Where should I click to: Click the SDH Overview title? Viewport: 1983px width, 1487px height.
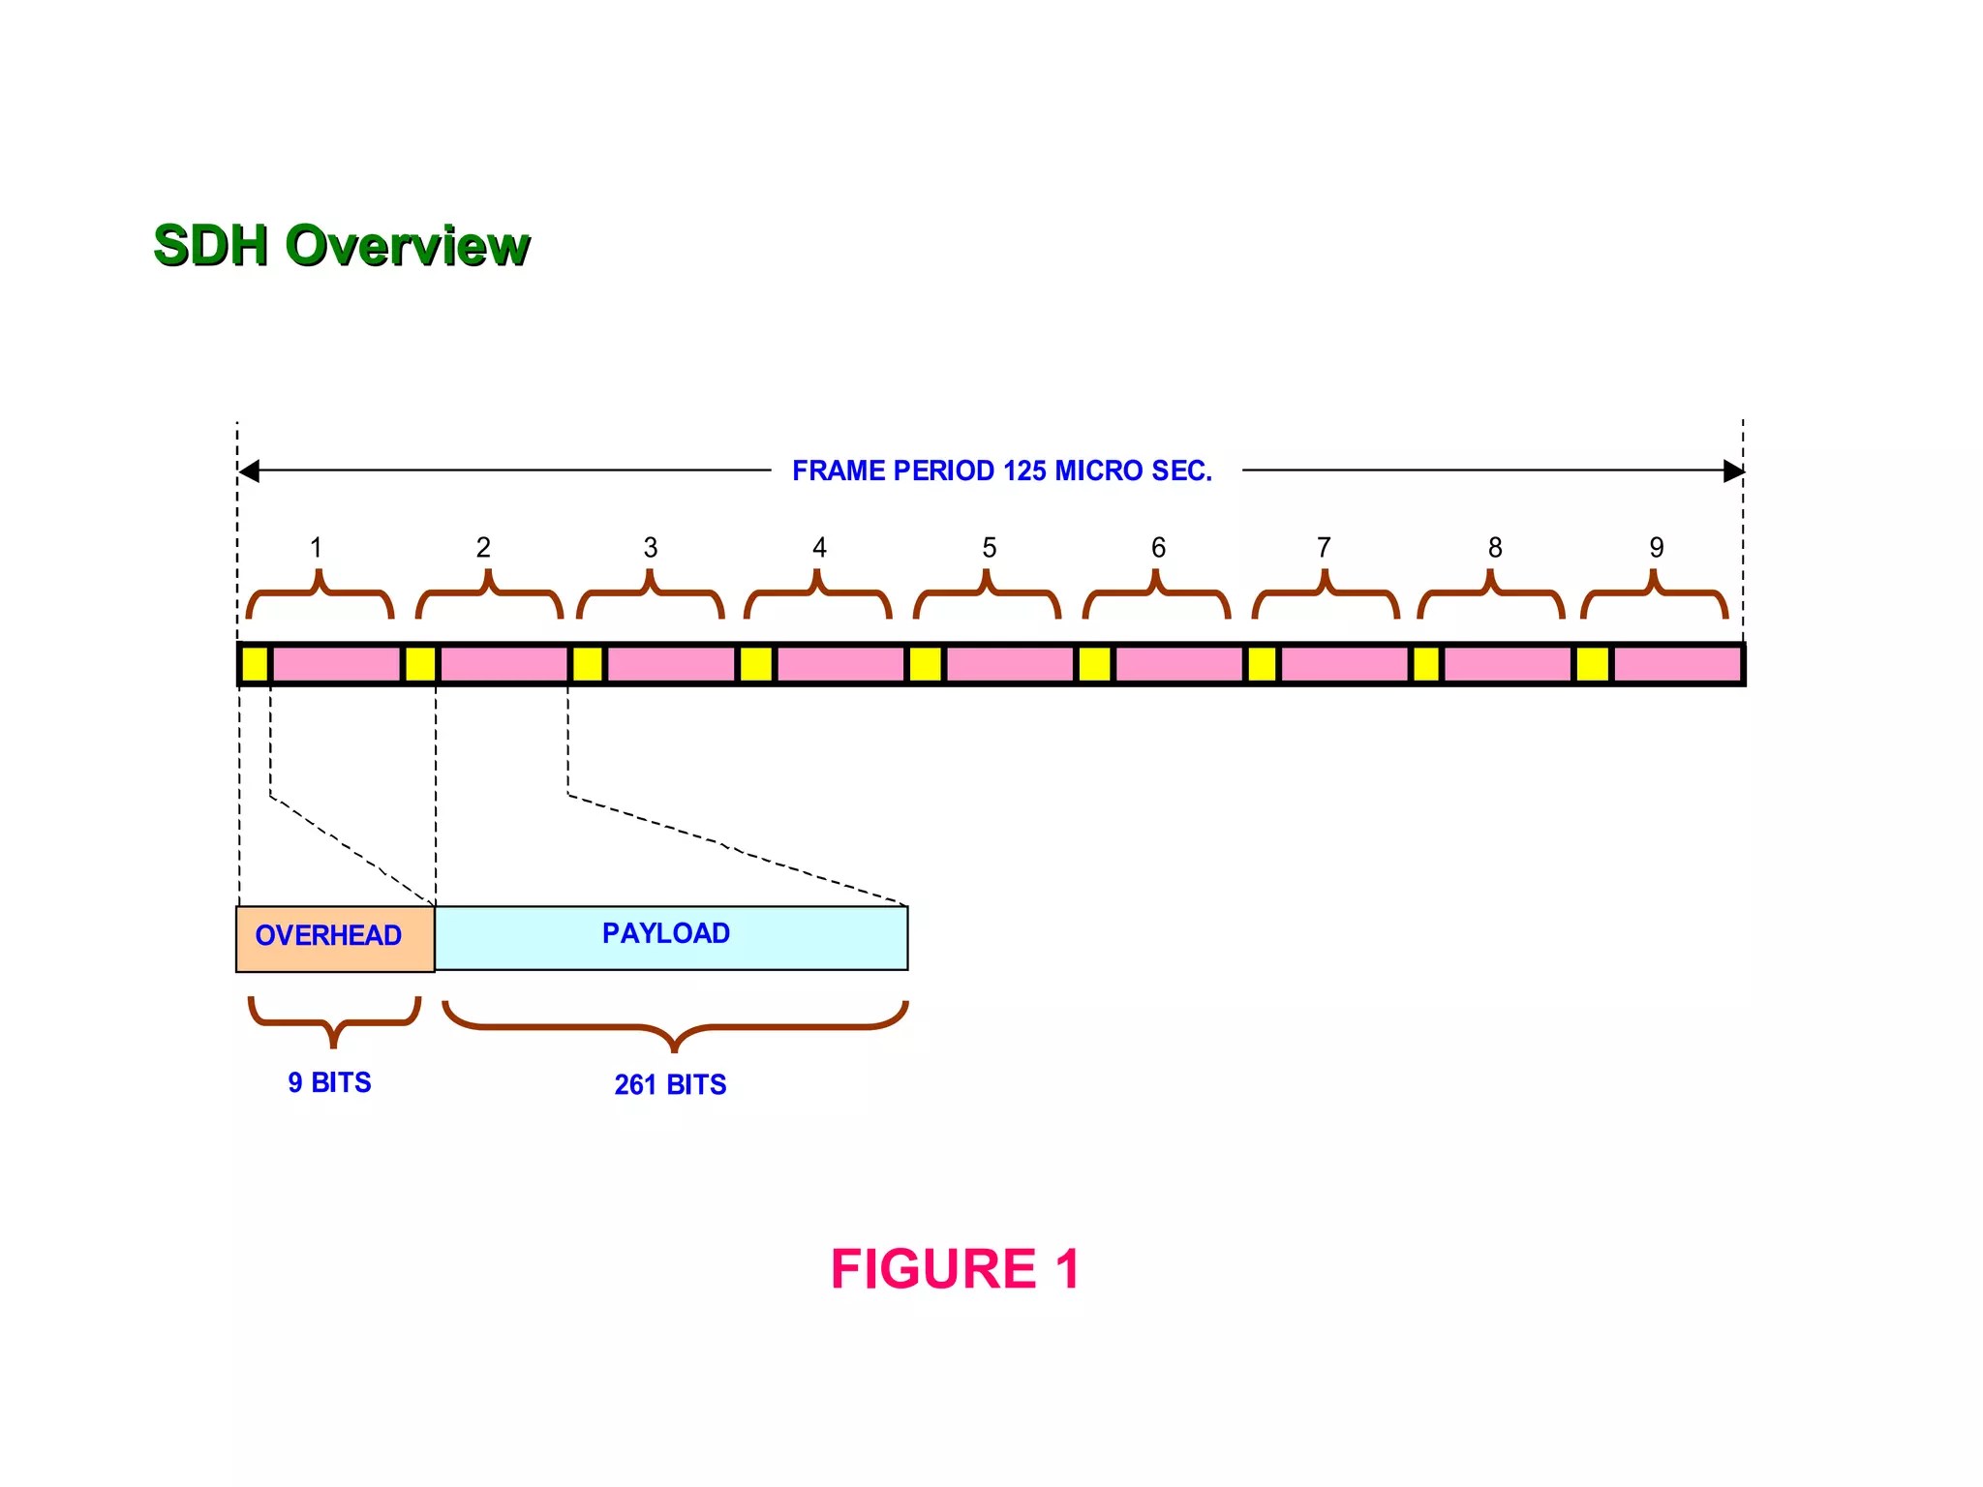click(x=341, y=245)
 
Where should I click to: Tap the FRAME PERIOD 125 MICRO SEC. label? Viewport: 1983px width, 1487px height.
click(x=1001, y=471)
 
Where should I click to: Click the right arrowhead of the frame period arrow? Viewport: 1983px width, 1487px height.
click(x=1733, y=471)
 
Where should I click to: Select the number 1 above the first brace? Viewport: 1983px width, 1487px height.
click(x=316, y=548)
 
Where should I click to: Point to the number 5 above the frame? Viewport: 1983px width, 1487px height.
click(x=989, y=548)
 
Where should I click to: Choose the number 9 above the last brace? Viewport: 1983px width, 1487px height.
click(x=1657, y=548)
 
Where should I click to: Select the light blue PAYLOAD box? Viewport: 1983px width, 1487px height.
click(x=670, y=937)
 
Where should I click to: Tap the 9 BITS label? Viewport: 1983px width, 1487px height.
click(x=329, y=1082)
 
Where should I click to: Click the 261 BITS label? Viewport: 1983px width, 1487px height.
click(x=670, y=1084)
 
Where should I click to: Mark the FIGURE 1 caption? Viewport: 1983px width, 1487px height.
click(x=955, y=1269)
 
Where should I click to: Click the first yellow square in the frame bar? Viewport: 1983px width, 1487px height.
click(x=255, y=664)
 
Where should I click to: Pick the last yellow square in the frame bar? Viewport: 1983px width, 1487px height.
click(x=1592, y=664)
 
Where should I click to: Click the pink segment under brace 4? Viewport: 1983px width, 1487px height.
click(x=839, y=664)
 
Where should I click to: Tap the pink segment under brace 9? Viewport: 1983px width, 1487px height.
click(x=1676, y=664)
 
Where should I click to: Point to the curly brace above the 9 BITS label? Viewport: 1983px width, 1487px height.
click(x=334, y=1022)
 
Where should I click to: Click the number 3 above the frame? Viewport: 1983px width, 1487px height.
click(x=651, y=548)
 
